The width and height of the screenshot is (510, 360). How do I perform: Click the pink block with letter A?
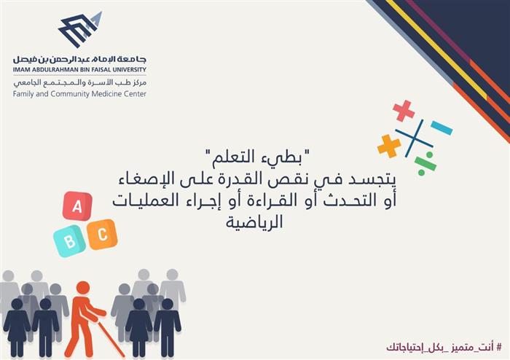(77, 206)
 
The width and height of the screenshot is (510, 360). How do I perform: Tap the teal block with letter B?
(69, 241)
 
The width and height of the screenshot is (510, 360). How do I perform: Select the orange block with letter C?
(102, 235)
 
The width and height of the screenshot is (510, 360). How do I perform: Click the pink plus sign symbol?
(404, 111)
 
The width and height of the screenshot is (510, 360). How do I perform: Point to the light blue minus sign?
(442, 128)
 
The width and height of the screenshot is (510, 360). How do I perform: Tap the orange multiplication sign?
(389, 146)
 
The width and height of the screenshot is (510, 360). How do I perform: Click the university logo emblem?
(80, 29)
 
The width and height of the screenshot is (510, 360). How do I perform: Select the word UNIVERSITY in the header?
(130, 69)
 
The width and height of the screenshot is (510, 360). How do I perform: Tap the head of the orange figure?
(83, 287)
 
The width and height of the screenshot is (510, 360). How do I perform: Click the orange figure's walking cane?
(111, 339)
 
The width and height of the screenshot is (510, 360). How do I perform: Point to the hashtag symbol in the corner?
(498, 347)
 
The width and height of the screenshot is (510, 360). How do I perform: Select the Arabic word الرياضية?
(254, 222)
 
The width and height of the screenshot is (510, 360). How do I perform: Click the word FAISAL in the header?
(100, 69)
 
